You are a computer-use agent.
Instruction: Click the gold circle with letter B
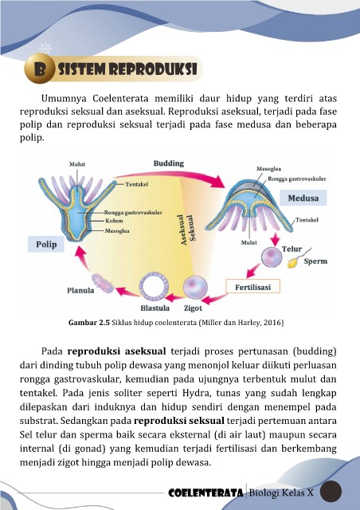coord(39,69)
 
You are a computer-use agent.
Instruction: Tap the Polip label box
coord(46,245)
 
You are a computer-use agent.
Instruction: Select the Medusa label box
coord(303,198)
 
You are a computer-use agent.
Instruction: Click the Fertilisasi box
coord(252,287)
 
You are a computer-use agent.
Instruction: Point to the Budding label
coord(169,163)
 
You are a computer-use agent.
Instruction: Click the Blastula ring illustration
coord(154,287)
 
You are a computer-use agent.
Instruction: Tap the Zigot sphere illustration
coord(195,288)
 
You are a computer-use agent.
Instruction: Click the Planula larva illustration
coord(103,284)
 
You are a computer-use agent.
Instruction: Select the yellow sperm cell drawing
coord(299,258)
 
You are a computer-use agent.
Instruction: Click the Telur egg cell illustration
coord(272,257)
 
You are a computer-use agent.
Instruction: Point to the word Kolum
coord(114,221)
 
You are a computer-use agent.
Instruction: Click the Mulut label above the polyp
coord(77,164)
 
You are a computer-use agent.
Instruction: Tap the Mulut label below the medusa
coord(249,242)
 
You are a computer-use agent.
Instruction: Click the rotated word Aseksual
coord(184,229)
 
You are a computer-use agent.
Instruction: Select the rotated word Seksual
coord(192,227)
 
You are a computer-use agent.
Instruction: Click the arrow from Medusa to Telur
coord(275,239)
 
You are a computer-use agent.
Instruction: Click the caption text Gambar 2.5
coord(89,323)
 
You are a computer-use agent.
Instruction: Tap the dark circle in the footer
coord(331,491)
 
